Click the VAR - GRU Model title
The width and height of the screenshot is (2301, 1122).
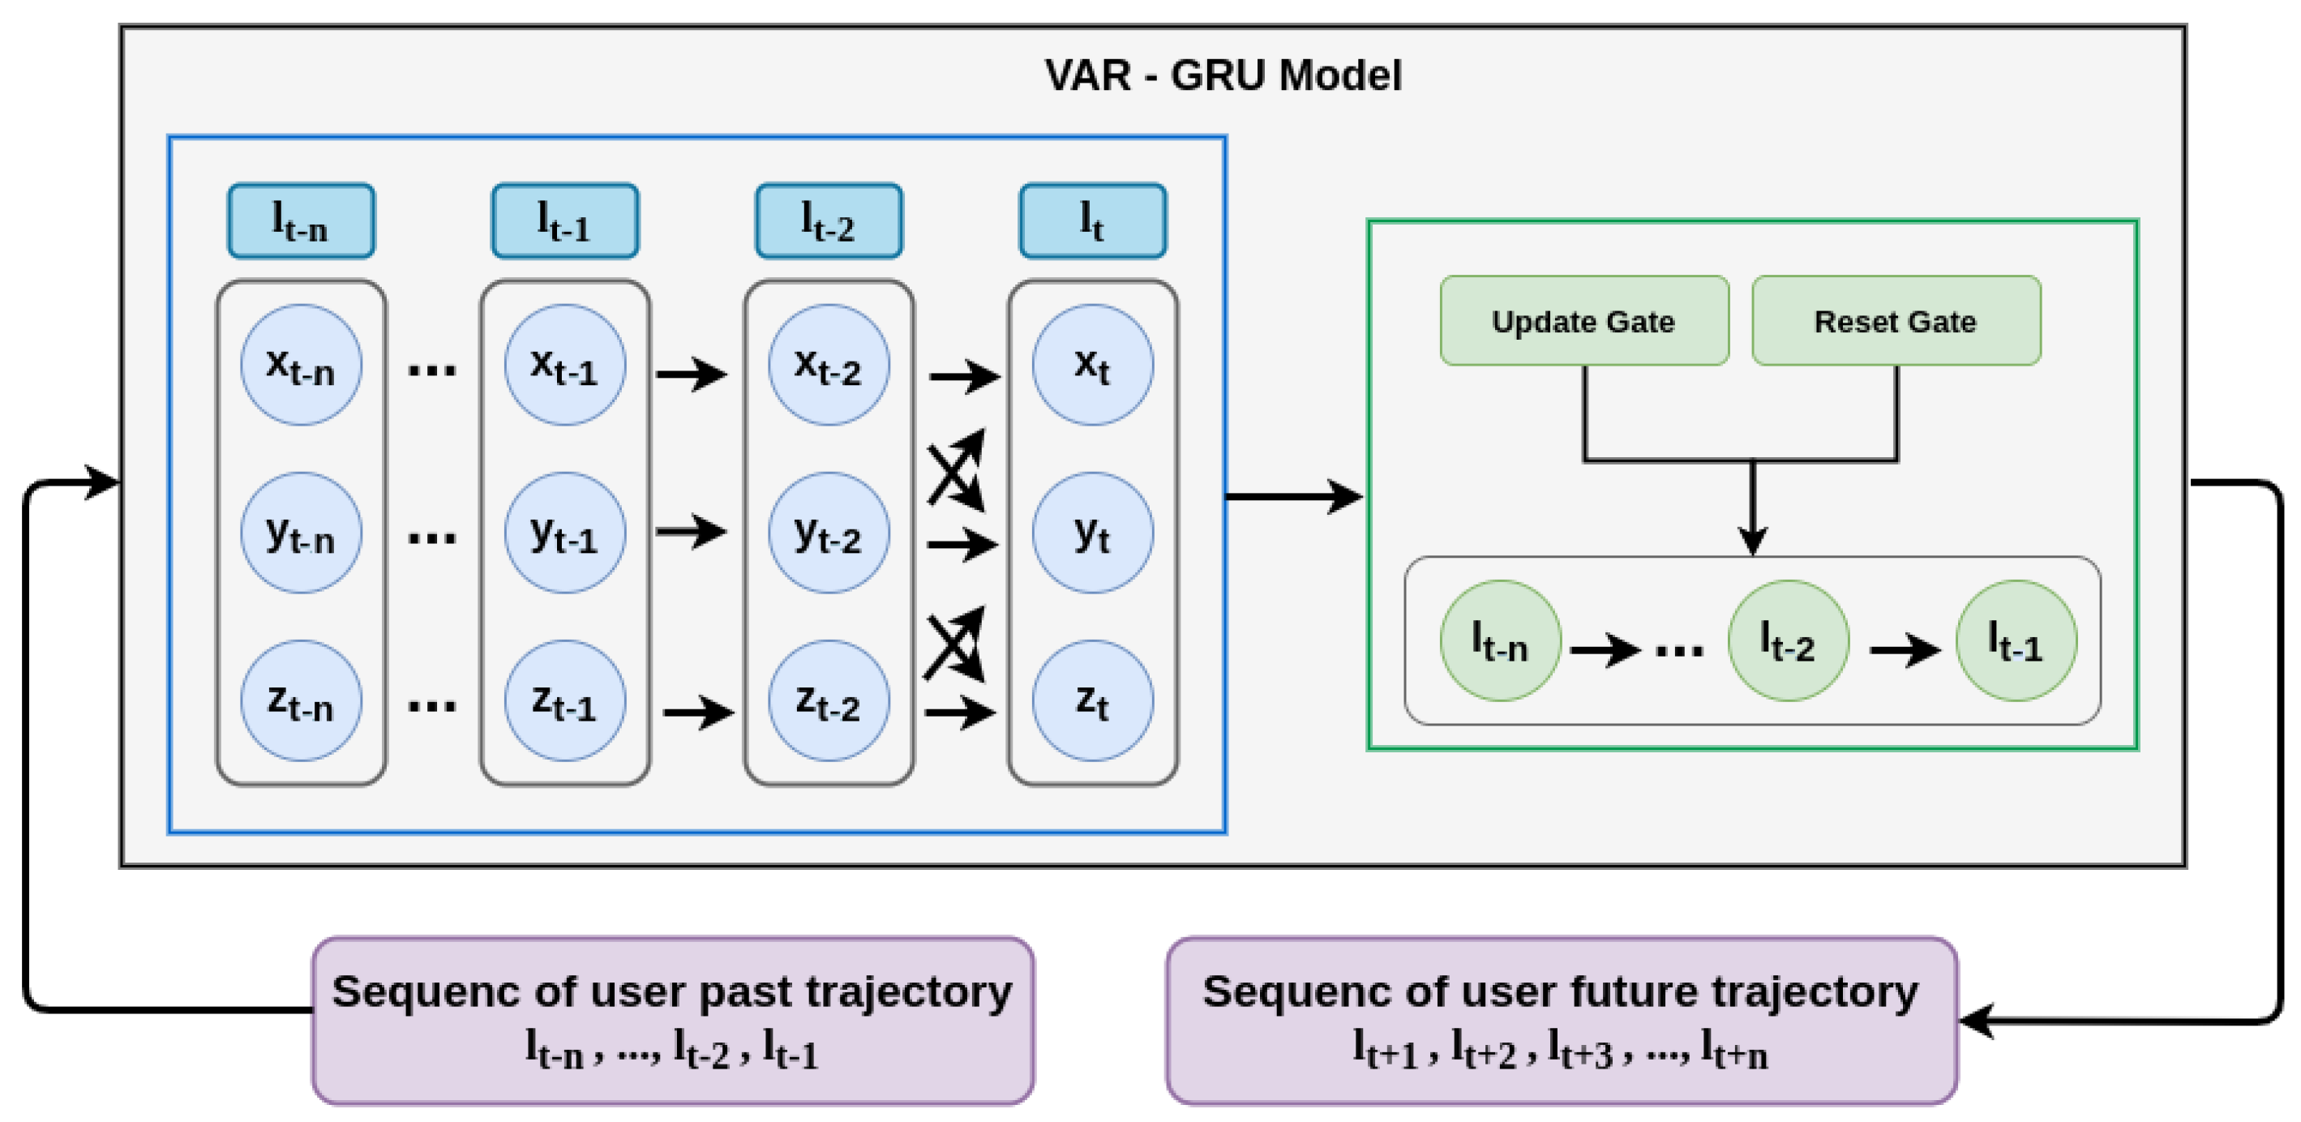1223,75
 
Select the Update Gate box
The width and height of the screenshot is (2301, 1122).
1583,321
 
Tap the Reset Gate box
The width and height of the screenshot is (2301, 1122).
1896,321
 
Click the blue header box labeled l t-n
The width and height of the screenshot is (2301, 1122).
301,221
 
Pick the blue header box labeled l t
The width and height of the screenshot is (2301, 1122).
1092,221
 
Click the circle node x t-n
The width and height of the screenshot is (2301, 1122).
301,365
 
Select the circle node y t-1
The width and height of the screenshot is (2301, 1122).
564,533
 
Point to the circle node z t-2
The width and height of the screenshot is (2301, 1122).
829,700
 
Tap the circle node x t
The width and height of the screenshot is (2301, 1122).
1092,365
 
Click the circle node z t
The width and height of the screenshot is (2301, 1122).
1092,700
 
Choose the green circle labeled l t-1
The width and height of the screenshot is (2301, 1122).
2016,640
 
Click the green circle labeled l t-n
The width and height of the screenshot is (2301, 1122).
1501,640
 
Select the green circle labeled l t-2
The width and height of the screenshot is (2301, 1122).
1789,640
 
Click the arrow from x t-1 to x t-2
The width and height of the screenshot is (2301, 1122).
691,375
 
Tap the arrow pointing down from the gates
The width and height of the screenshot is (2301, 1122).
1753,509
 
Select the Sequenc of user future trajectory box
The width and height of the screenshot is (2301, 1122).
1562,1020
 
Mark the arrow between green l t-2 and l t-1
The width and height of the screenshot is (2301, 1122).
1905,649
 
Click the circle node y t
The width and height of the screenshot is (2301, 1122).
1092,533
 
